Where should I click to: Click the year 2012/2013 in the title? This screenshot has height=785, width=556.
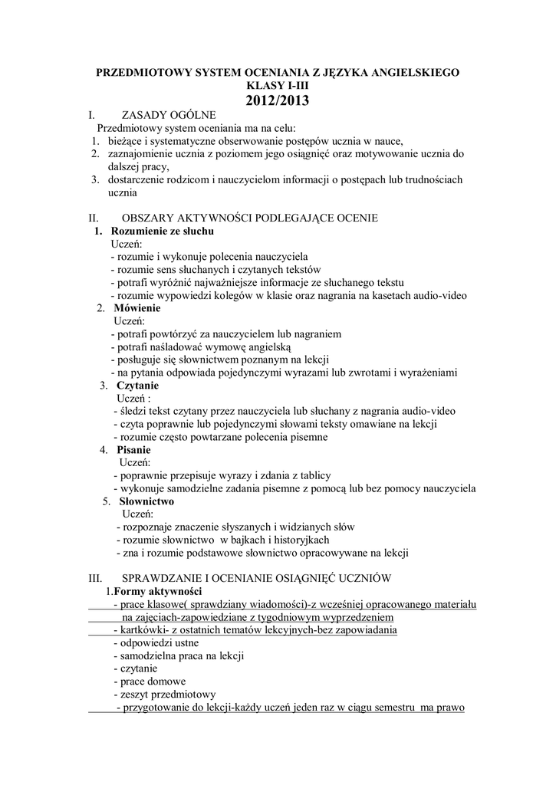point(278,100)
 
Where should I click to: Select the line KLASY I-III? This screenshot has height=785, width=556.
point(278,85)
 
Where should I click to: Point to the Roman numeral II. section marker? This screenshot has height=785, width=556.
point(94,218)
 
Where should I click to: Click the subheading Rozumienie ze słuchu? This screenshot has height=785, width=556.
point(163,232)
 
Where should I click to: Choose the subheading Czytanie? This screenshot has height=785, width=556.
point(137,386)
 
